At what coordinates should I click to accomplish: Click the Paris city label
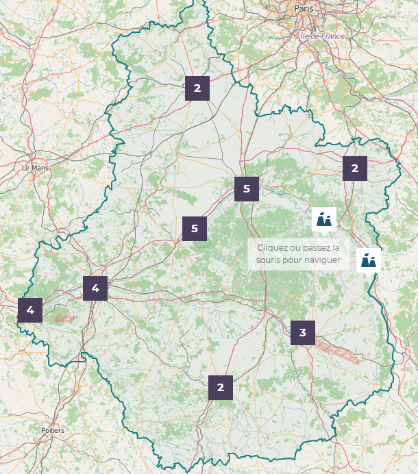[304, 8]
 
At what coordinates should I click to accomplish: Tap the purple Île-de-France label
[322, 35]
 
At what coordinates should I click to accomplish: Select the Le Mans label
[35, 167]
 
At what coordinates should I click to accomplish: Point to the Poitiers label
[53, 430]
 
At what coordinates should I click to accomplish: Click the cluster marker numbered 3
[303, 333]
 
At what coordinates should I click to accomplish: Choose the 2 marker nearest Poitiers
[221, 387]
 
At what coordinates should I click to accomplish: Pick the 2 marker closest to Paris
[197, 88]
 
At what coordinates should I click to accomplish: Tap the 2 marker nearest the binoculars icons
[355, 168]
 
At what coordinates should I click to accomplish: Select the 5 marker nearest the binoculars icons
[247, 188]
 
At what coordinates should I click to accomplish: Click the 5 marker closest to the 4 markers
[195, 228]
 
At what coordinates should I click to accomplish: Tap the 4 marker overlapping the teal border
[30, 310]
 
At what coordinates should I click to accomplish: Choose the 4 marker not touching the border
[95, 288]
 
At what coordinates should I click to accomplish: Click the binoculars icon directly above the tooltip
[324, 219]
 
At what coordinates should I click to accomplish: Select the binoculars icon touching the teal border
[369, 260]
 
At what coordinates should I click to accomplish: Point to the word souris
[270, 260]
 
